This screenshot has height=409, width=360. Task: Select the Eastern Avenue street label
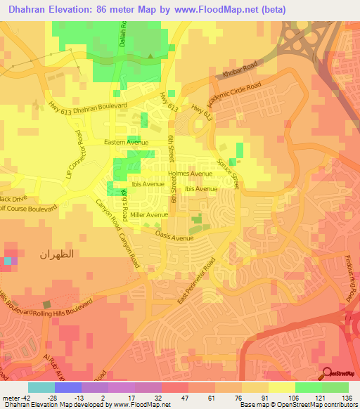[126, 143]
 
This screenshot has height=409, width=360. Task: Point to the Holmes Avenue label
[190, 174]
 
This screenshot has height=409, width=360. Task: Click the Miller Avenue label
[149, 215]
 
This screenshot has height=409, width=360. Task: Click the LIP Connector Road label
[75, 155]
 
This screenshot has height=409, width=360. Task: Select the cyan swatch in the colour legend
[41, 387]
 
